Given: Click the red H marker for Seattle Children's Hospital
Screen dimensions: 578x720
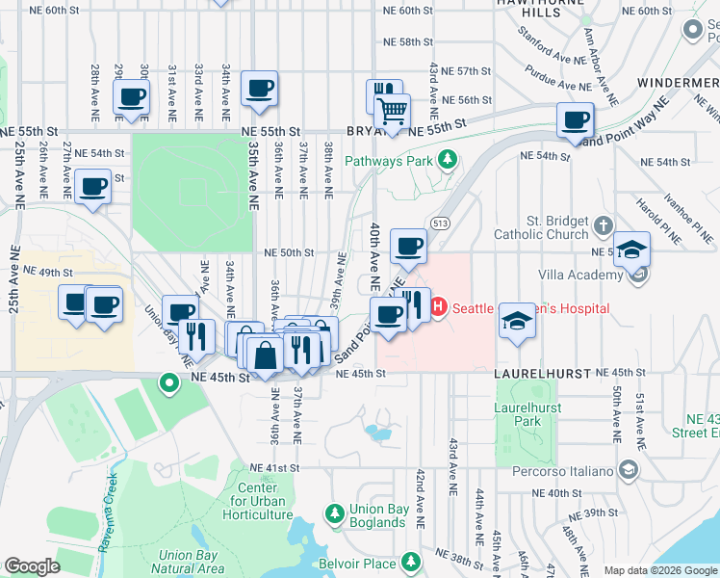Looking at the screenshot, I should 438,308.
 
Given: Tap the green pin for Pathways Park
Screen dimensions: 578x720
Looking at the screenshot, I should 448,161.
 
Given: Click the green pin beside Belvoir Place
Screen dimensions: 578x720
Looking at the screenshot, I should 411,561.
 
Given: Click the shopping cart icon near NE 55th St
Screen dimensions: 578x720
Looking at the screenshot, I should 392,112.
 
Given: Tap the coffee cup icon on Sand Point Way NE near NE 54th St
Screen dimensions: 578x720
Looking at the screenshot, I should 575,121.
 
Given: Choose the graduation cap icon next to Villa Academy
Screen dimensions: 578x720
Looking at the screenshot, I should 630,250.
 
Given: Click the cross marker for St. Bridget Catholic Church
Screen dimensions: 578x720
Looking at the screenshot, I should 604,226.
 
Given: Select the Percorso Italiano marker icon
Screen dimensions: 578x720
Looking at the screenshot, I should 629,470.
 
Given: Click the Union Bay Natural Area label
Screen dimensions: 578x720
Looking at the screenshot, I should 192,562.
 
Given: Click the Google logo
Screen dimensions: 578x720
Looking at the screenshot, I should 32,565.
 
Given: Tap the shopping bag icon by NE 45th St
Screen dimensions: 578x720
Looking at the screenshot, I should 264,354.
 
